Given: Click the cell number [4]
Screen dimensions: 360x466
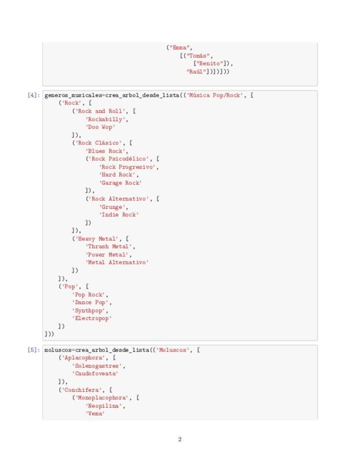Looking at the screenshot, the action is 34,95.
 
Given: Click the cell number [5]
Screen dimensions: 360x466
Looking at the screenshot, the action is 34,349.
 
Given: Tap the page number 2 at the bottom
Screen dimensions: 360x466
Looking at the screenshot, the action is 180,439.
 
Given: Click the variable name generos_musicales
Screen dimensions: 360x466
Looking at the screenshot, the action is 72,95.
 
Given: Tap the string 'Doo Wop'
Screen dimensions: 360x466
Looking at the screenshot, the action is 100,127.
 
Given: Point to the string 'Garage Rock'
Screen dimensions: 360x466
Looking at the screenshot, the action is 120,182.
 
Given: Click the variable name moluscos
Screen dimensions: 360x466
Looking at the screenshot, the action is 57,349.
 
